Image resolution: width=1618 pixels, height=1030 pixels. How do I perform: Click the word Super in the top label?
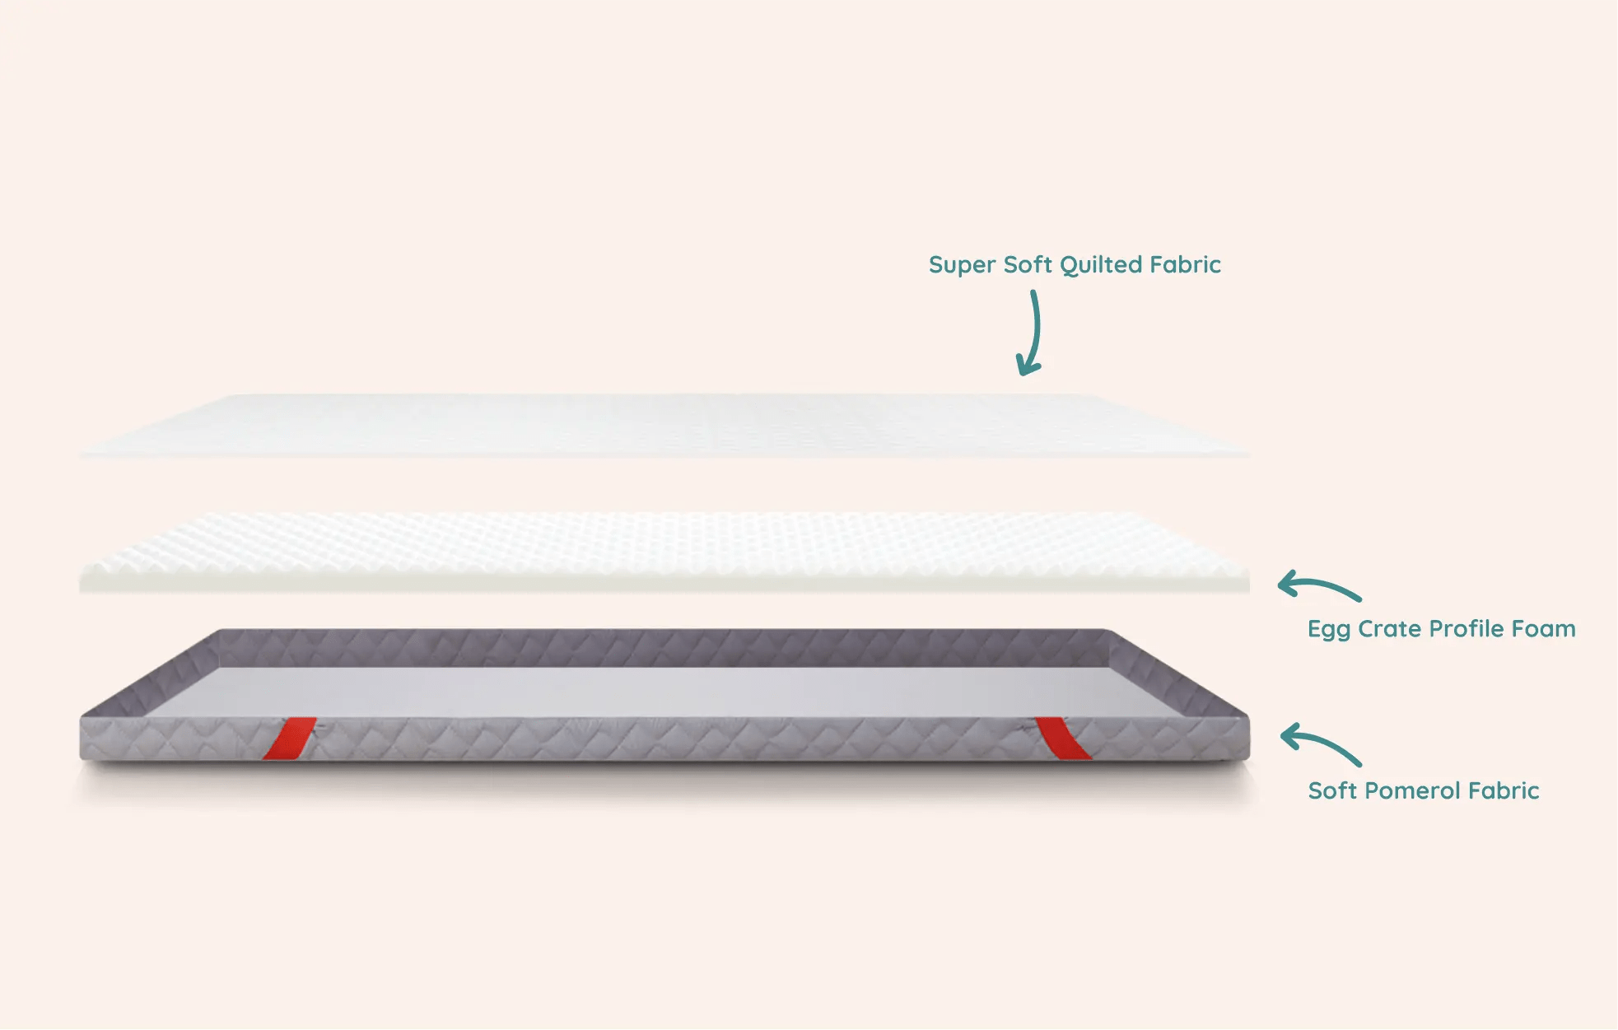[x=961, y=265]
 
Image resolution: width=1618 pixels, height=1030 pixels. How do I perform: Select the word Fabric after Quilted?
[x=1185, y=264]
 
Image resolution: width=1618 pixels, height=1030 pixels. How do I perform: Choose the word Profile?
[x=1466, y=629]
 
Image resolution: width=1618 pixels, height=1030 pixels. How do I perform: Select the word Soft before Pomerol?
[x=1332, y=791]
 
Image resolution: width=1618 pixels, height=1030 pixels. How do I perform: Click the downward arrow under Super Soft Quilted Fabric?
[x=1031, y=333]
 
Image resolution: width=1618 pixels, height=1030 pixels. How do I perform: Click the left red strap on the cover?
[x=290, y=738]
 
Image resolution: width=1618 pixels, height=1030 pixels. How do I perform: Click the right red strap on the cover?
[x=1062, y=738]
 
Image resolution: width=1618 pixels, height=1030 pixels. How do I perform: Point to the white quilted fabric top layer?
[x=659, y=424]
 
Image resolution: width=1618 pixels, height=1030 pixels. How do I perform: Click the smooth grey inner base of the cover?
[x=659, y=692]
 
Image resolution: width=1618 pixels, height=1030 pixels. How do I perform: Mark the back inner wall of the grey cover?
[x=659, y=648]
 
